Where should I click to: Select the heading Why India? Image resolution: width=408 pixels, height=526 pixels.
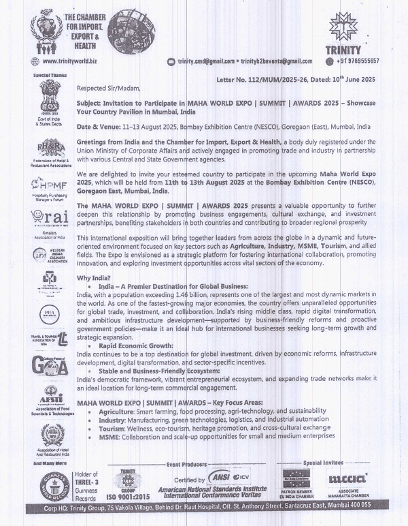pyautogui.click(x=94, y=278)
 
